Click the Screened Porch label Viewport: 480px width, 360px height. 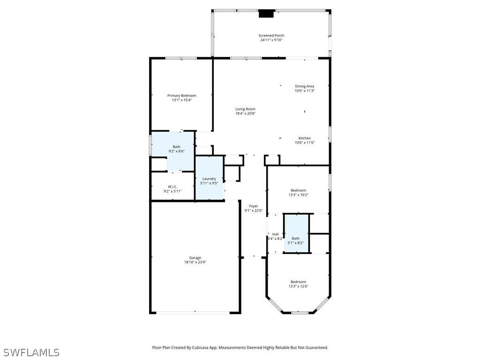click(x=271, y=36)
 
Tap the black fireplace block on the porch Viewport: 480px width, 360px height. click(x=266, y=14)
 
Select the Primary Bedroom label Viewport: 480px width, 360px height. click(x=181, y=96)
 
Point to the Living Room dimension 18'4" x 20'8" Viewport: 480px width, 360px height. click(x=245, y=113)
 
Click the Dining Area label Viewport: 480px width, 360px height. click(x=304, y=86)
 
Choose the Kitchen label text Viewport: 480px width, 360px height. click(x=305, y=138)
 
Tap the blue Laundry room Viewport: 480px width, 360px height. click(x=209, y=179)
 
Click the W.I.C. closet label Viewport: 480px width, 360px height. click(x=172, y=187)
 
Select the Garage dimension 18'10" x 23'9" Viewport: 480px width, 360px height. click(x=195, y=262)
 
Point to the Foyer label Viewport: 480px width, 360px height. click(x=253, y=206)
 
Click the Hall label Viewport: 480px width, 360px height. click(x=275, y=234)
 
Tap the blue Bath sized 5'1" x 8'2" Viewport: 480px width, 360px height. click(x=296, y=234)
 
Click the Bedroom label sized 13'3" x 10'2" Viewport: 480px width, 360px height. click(x=298, y=190)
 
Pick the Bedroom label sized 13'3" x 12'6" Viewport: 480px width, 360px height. click(x=298, y=282)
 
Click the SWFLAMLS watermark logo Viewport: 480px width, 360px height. click(x=31, y=352)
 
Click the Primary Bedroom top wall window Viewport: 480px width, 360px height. click(x=181, y=58)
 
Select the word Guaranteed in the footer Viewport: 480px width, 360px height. click(x=315, y=348)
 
